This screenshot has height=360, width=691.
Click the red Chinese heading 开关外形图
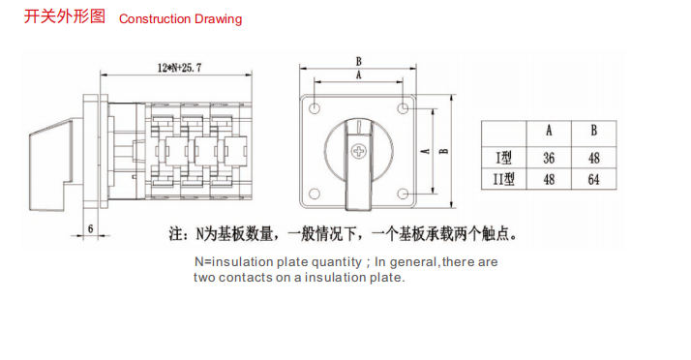[x=64, y=16]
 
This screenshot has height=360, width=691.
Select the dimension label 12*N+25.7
[x=179, y=68]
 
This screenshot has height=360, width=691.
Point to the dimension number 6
[x=90, y=228]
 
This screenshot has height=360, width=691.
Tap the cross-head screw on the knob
[x=359, y=151]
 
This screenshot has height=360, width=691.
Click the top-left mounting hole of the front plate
[x=315, y=108]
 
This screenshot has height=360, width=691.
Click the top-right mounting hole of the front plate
[x=403, y=108]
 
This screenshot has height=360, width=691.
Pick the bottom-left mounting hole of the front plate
[x=315, y=194]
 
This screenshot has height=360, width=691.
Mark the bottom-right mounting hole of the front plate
[x=403, y=194]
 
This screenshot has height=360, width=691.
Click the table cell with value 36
[x=549, y=158]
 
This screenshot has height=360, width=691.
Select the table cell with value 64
[x=593, y=179]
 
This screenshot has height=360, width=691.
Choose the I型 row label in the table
[x=503, y=158]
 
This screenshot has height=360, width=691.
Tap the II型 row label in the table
[x=503, y=179]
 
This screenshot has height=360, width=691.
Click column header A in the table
[x=549, y=131]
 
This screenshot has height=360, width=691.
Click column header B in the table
[x=593, y=131]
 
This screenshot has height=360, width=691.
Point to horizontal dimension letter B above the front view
[x=358, y=61]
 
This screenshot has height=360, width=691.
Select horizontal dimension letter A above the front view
[x=358, y=75]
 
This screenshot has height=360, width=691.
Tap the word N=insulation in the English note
[x=233, y=262]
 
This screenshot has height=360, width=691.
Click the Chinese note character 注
[x=176, y=234]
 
